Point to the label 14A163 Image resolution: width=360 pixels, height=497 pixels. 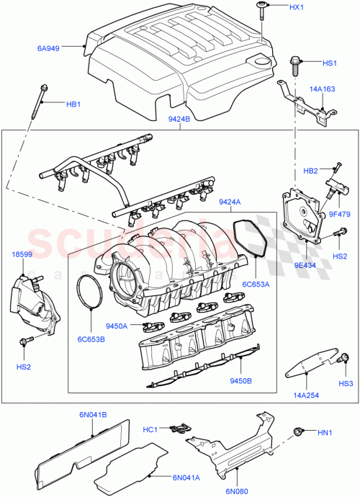point(321,90)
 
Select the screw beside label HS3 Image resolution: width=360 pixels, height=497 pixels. point(346,358)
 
